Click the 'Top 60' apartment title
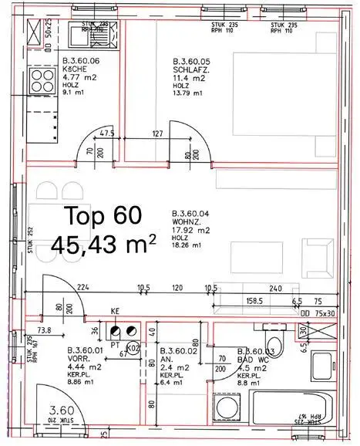click(x=96, y=214)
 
